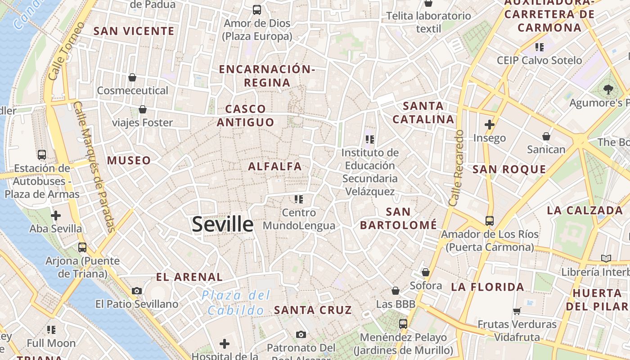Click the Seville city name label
click(x=223, y=224)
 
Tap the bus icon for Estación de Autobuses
click(x=42, y=155)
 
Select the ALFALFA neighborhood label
click(x=275, y=166)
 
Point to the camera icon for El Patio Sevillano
click(x=137, y=291)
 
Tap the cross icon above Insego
click(x=490, y=125)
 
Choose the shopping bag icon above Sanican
click(x=546, y=136)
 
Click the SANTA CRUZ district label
click(x=313, y=310)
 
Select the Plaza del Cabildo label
click(x=236, y=302)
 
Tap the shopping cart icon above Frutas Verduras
click(x=517, y=311)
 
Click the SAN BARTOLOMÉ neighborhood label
click(x=399, y=218)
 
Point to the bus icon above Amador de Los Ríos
click(x=489, y=221)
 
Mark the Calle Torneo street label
click(x=66, y=52)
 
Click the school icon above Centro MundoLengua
click(x=299, y=199)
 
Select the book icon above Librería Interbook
click(x=606, y=258)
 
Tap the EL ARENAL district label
click(x=189, y=277)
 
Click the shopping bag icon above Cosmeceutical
click(x=132, y=77)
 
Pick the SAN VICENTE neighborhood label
click(x=134, y=31)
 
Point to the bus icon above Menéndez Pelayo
click(x=403, y=324)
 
